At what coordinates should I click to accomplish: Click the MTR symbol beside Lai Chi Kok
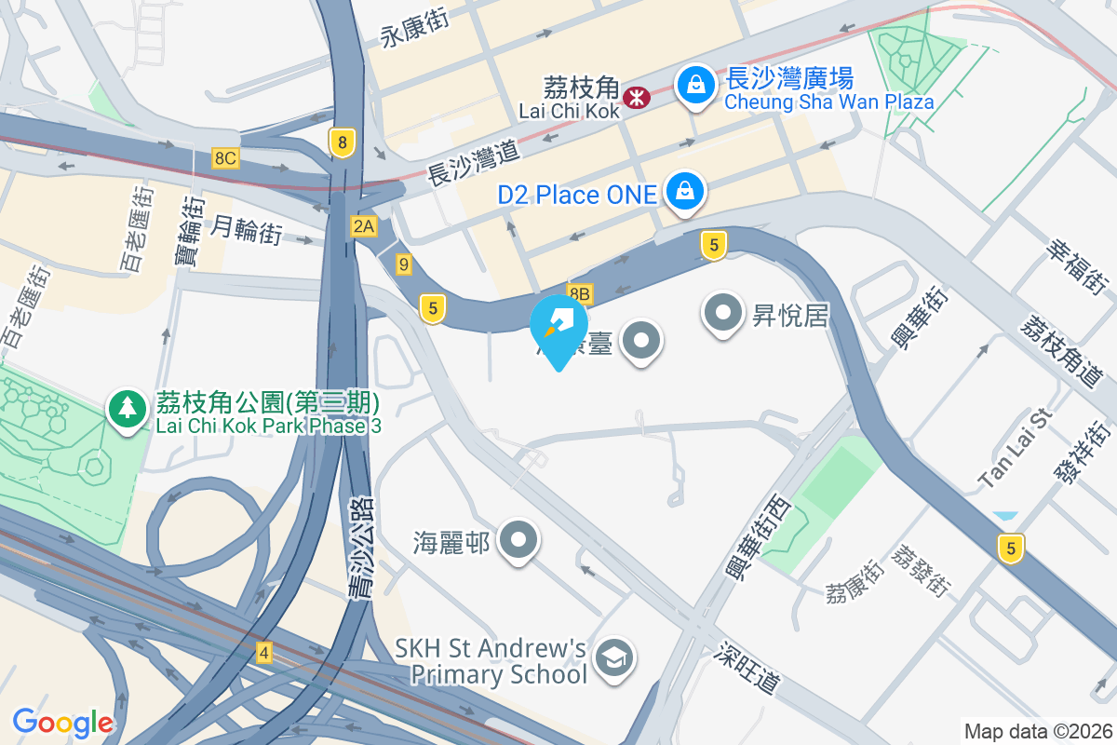pos(637,96)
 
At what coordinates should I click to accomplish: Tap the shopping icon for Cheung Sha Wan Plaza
pos(695,86)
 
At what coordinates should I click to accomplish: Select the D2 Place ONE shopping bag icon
pos(685,192)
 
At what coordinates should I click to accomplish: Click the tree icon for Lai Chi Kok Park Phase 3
pos(127,409)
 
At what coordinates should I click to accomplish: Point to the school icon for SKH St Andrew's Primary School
pos(614,657)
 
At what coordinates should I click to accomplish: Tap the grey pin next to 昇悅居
pos(723,313)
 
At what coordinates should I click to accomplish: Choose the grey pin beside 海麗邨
pos(518,540)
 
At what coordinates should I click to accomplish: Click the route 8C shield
pos(224,157)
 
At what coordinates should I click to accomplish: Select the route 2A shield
pos(363,225)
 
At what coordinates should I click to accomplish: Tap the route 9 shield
pos(403,264)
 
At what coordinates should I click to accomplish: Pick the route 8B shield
pos(579,294)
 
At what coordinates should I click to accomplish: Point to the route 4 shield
pos(264,654)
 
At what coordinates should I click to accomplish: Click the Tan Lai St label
pos(1014,448)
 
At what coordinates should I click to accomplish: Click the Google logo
pos(62,723)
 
